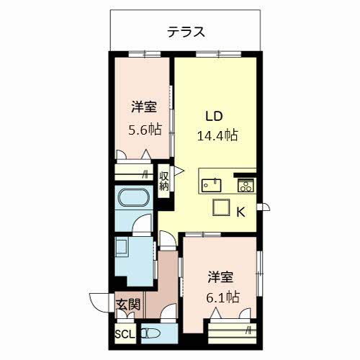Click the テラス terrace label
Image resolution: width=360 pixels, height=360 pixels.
[x=186, y=31]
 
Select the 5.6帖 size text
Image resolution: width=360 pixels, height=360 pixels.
[x=144, y=130]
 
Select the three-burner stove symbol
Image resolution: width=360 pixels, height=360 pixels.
[x=246, y=186]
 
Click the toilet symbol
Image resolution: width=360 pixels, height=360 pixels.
[x=152, y=333]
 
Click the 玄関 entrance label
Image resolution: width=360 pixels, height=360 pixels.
[x=127, y=305]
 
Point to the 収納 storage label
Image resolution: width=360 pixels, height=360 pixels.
[x=164, y=180]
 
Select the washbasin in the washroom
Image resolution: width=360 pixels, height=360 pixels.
[x=120, y=249]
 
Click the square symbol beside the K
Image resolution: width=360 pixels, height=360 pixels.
[x=220, y=207]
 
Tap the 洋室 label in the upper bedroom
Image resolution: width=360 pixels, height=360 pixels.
[x=144, y=108]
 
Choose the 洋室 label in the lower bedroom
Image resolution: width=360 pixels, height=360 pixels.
[x=222, y=275]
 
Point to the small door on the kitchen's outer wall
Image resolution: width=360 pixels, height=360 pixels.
[x=265, y=210]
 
